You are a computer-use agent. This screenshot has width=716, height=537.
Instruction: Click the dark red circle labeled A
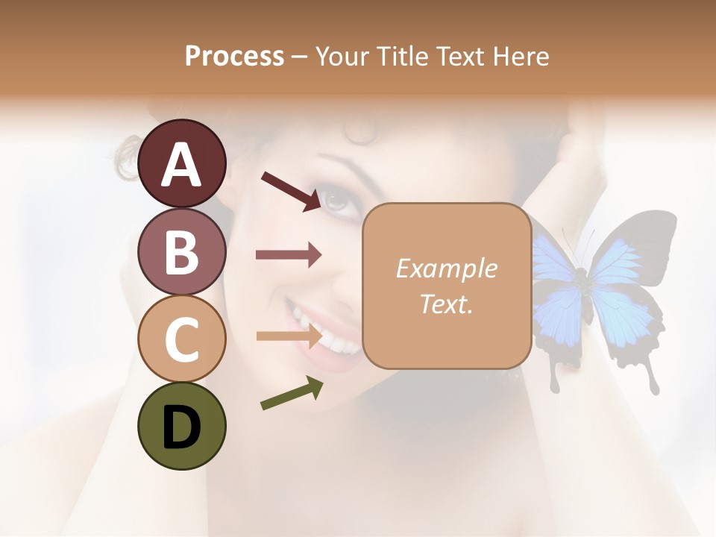(182, 163)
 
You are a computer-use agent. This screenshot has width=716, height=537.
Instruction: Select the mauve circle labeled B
(182, 251)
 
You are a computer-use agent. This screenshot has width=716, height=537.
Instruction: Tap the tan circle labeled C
(182, 339)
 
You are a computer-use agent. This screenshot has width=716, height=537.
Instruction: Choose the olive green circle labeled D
(182, 426)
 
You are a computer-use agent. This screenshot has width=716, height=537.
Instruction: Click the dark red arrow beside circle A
(291, 191)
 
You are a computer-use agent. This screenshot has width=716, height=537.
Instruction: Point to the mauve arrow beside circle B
(289, 255)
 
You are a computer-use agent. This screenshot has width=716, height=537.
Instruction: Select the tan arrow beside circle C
(289, 336)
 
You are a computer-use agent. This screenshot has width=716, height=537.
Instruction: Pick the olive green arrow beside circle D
(292, 394)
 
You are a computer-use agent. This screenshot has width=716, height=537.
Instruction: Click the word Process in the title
(234, 56)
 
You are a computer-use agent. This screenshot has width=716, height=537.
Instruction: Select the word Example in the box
(447, 268)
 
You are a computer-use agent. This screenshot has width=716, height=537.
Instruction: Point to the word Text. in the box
(447, 304)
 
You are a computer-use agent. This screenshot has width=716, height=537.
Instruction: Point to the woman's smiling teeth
(328, 336)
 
